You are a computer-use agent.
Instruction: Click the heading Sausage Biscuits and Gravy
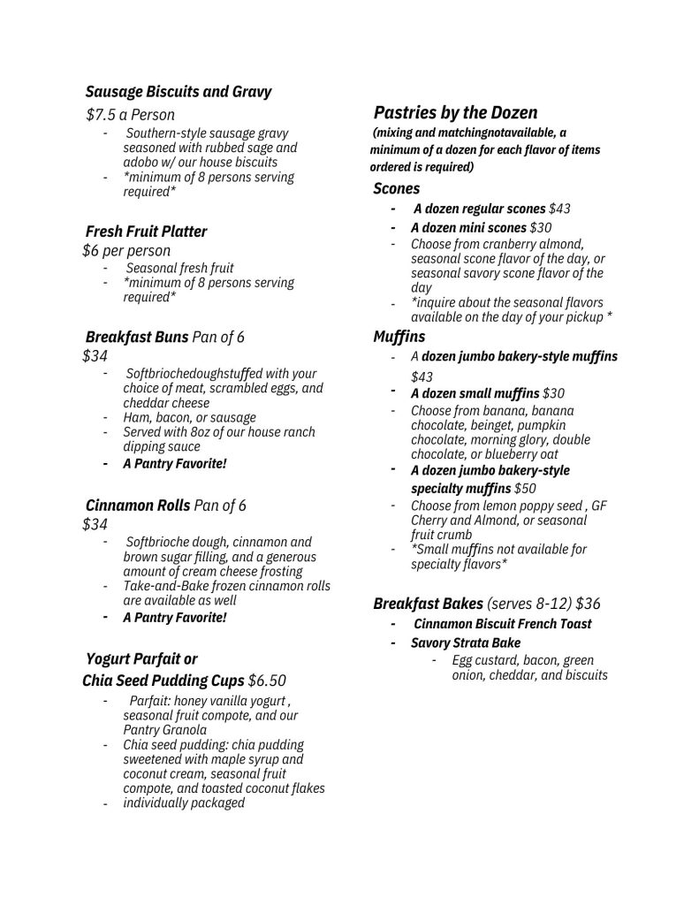(x=179, y=91)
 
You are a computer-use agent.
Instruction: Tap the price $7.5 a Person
(x=130, y=115)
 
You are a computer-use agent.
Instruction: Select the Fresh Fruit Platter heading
(x=146, y=232)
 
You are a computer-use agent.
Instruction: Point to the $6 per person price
(x=126, y=251)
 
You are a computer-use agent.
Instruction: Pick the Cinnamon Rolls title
(x=138, y=506)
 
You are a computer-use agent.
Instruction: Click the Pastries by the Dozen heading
(x=455, y=112)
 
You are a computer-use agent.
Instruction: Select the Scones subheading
(x=397, y=188)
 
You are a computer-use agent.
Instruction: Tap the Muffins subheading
(x=399, y=337)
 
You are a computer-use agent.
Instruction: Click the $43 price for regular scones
(x=559, y=209)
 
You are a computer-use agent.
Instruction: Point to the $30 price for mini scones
(x=540, y=227)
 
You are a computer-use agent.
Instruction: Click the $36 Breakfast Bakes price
(x=588, y=605)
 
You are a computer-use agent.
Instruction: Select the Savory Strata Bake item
(x=465, y=643)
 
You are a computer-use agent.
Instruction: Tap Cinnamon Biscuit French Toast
(x=502, y=624)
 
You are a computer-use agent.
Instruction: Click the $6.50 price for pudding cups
(x=268, y=681)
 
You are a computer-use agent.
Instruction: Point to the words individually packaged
(x=184, y=803)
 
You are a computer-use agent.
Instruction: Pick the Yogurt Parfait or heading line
(x=141, y=659)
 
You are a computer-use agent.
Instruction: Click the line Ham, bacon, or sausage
(x=189, y=417)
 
